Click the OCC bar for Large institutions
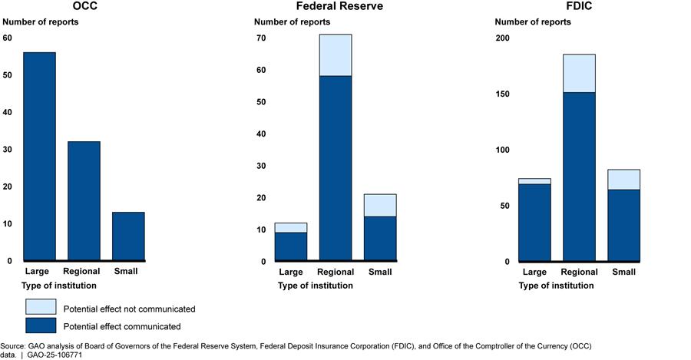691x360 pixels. tap(39, 157)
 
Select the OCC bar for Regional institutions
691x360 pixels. tap(84, 201)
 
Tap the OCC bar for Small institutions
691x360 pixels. tap(128, 236)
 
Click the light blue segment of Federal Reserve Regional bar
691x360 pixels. tap(336, 55)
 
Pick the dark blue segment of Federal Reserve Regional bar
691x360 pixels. tap(336, 169)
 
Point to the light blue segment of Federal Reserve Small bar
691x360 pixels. tap(380, 205)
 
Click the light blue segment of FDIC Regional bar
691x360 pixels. tap(579, 74)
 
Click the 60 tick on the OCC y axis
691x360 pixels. tap(8, 38)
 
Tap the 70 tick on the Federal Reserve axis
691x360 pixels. tap(261, 38)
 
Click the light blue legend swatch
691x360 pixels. tap(41, 308)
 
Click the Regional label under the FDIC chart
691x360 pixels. tap(579, 272)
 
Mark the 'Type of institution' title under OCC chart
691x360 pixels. tap(59, 286)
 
